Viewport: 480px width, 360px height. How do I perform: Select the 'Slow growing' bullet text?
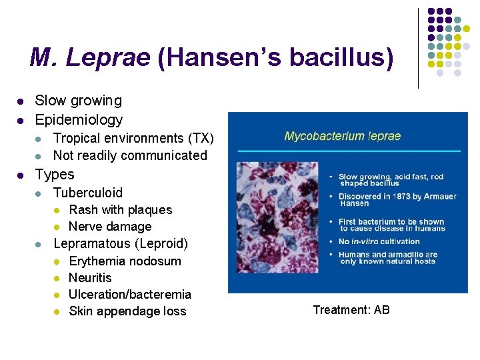(x=79, y=101)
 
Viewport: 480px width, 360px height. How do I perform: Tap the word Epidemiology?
(x=79, y=120)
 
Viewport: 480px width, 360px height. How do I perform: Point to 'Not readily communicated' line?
(x=130, y=155)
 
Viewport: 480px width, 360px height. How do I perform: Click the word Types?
(x=55, y=175)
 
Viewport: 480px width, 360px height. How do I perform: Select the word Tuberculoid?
(x=88, y=193)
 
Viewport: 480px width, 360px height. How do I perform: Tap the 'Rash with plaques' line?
(x=120, y=210)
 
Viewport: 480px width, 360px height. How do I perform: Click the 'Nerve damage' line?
(x=110, y=227)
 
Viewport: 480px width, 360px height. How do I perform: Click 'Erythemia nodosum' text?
(x=125, y=261)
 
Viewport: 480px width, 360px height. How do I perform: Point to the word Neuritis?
(x=90, y=277)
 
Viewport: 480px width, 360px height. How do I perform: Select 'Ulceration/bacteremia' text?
(x=130, y=294)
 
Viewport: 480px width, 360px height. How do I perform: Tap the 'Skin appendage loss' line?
(x=127, y=311)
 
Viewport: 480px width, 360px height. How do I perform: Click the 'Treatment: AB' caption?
(x=351, y=309)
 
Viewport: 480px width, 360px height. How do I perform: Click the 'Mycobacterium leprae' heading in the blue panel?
(x=343, y=136)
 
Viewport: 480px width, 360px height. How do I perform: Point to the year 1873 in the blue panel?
(x=399, y=196)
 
